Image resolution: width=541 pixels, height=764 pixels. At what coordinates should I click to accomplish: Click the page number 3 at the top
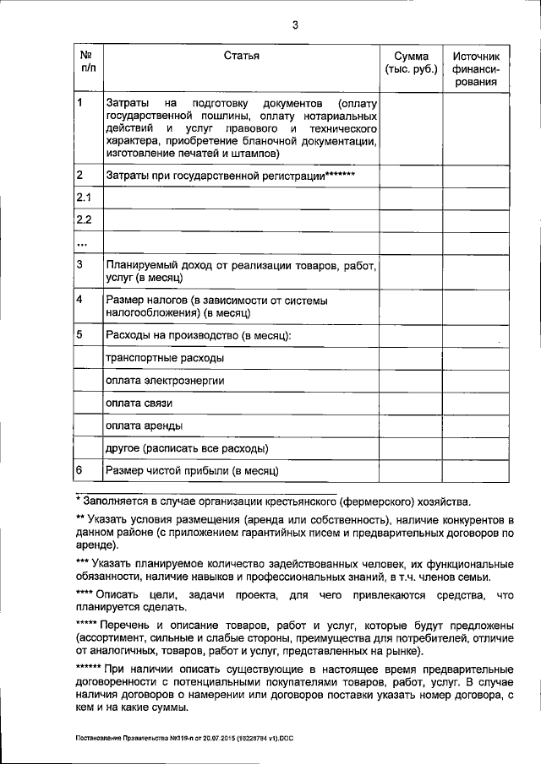[296, 24]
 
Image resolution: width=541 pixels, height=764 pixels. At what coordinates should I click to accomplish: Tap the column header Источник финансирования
[477, 69]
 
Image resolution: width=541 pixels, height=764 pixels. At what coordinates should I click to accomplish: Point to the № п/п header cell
[85, 62]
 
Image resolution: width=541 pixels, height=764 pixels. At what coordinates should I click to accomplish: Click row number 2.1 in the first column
[84, 198]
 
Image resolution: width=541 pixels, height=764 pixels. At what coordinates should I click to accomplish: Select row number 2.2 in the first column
[84, 220]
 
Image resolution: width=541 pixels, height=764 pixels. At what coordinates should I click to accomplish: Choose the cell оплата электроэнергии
[164, 381]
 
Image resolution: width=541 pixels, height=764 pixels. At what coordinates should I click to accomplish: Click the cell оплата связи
[139, 403]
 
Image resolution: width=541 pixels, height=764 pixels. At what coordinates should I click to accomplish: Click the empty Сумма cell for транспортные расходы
[410, 358]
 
